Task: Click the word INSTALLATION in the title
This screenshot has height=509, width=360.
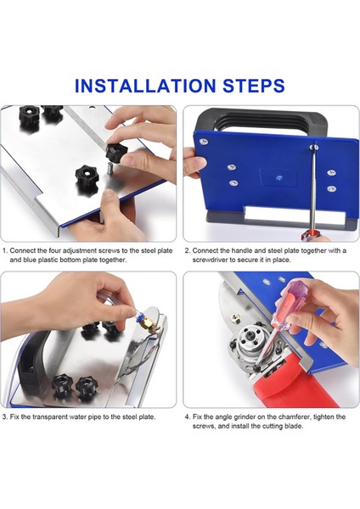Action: tap(145, 86)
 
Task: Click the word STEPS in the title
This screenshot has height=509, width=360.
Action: tap(254, 86)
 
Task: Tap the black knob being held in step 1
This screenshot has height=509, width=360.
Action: tap(116, 151)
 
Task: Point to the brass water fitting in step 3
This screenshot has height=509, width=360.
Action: tap(148, 323)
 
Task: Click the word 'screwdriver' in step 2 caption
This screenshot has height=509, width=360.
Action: tap(208, 260)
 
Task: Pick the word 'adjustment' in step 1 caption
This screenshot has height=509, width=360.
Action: tap(80, 251)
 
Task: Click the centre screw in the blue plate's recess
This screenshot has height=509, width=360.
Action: tap(278, 177)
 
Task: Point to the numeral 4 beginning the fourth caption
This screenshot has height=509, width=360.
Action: tap(187, 417)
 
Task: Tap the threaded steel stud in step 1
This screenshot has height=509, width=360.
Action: tap(110, 169)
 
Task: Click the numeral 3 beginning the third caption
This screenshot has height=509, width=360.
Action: tap(4, 417)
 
